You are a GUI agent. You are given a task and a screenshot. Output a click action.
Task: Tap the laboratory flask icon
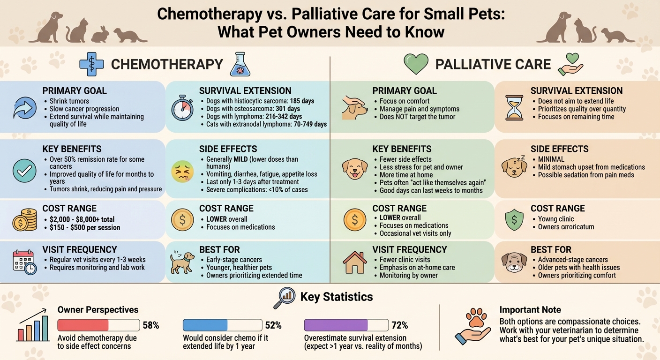pos(240,64)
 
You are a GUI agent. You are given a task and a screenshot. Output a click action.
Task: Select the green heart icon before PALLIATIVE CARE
pos(416,64)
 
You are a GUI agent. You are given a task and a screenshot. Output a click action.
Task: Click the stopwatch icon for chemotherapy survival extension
pos(182,109)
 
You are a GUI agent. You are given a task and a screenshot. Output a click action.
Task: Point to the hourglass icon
pos(513,107)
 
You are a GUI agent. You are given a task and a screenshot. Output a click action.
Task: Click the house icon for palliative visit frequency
pos(355,262)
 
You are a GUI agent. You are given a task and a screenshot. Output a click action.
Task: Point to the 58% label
pos(150,325)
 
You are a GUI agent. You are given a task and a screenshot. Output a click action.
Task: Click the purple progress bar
pos(336,325)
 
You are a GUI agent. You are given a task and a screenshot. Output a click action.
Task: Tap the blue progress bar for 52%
pos(205,325)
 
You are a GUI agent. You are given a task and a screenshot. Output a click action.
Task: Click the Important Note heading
pos(530,310)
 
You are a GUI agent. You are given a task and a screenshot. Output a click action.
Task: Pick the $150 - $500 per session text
pos(85,227)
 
